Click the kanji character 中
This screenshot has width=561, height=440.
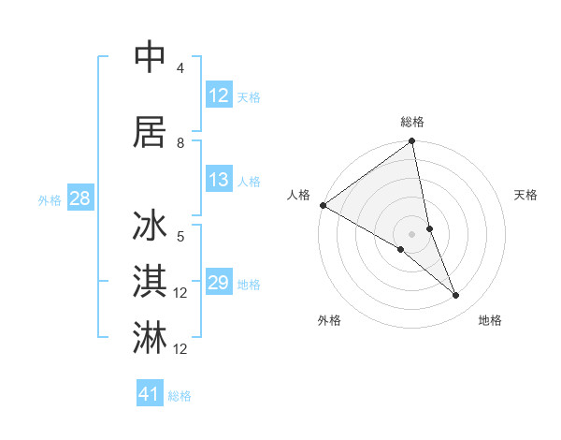(x=151, y=57)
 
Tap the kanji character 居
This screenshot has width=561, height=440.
(x=151, y=132)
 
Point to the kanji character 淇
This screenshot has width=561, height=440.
(x=151, y=282)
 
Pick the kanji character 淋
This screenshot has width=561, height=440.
(x=151, y=338)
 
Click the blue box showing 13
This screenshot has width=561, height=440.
(x=218, y=180)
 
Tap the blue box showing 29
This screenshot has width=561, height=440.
(x=218, y=283)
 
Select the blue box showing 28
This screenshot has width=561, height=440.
(x=79, y=198)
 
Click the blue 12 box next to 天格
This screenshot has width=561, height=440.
(x=218, y=95)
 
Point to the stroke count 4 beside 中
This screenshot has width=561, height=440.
(x=180, y=68)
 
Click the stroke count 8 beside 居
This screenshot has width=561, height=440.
(x=180, y=143)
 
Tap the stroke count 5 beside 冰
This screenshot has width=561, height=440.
(x=180, y=237)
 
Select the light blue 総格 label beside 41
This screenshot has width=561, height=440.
(x=180, y=396)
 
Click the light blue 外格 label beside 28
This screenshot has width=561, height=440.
(x=50, y=199)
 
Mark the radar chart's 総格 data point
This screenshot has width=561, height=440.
(x=411, y=142)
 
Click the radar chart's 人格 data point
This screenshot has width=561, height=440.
(x=323, y=205)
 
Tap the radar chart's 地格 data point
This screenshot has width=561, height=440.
(x=455, y=296)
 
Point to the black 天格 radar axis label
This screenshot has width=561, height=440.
(x=526, y=195)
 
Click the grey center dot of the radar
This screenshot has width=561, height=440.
(x=411, y=233)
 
